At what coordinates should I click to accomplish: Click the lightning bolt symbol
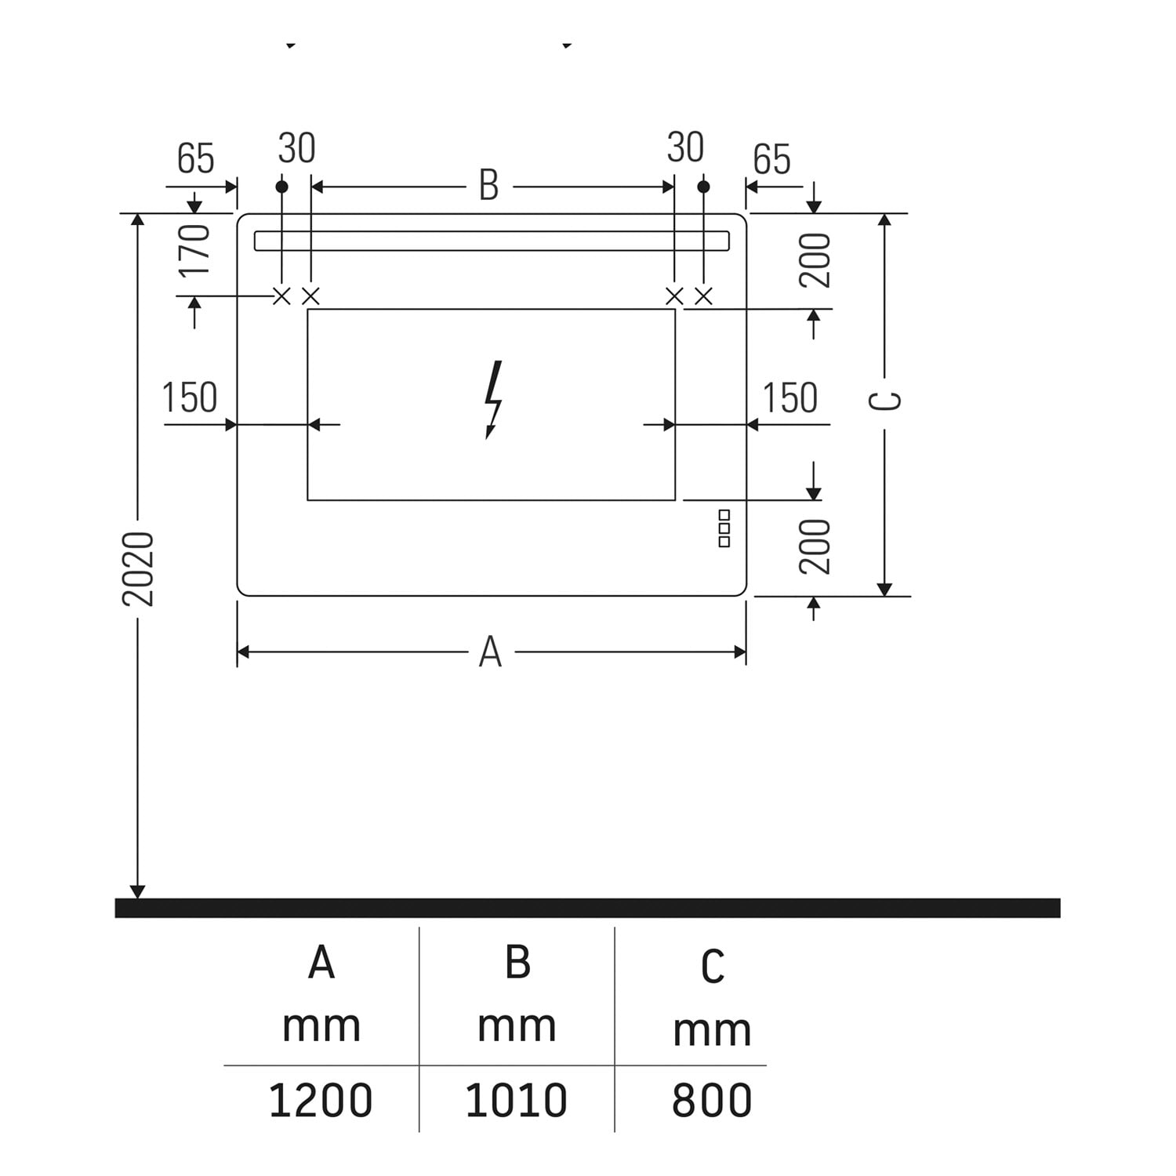[493, 399]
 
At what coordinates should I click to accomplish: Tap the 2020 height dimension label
[139, 568]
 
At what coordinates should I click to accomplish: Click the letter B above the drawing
[488, 186]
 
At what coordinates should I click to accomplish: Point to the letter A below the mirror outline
[490, 652]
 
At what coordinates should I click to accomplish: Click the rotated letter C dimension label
[886, 401]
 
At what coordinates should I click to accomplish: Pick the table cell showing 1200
[321, 1100]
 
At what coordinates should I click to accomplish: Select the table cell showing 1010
[516, 1100]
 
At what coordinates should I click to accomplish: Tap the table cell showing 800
[712, 1100]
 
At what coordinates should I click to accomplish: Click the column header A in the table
[321, 962]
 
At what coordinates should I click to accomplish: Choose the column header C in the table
[712, 967]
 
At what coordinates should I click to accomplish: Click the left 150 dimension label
[190, 397]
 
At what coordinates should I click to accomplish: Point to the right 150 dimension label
[790, 397]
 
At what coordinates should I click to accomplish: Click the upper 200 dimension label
[815, 260]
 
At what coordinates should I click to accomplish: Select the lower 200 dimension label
[815, 546]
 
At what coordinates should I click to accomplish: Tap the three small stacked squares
[724, 528]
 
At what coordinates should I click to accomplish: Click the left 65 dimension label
[195, 158]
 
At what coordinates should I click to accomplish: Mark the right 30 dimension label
[685, 147]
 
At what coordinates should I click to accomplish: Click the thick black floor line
[587, 908]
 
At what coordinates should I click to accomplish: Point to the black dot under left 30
[282, 187]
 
